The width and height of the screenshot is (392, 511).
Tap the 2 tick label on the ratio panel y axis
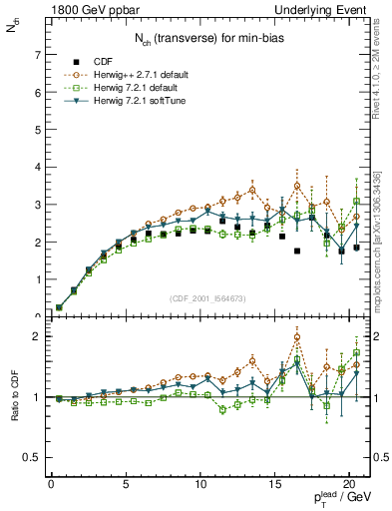pyautogui.click(x=35, y=336)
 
